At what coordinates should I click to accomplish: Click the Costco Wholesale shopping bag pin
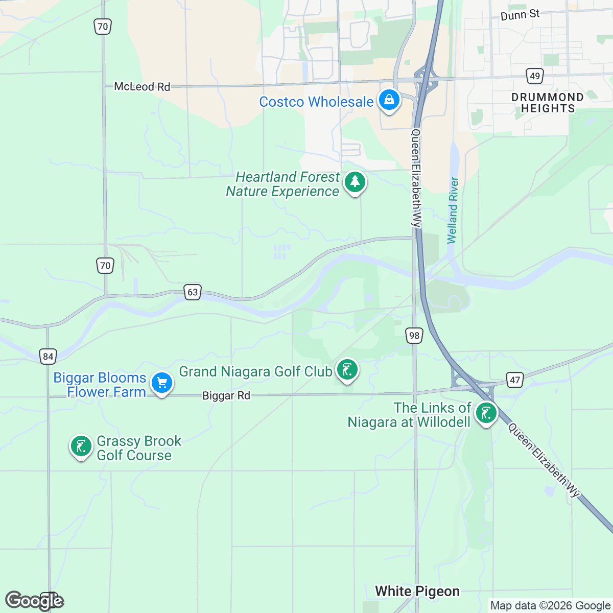coord(389,100)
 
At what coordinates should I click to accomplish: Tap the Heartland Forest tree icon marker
coord(355,182)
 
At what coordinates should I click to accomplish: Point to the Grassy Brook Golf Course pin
coord(81,446)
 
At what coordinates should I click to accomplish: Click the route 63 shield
coord(193,292)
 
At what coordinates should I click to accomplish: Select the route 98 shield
coord(414,336)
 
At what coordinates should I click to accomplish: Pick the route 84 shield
coord(48,356)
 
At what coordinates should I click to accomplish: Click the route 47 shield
coord(515,380)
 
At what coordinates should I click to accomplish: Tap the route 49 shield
coord(534,76)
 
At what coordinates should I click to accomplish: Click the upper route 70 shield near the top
coord(103,27)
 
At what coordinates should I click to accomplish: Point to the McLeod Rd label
coord(142,87)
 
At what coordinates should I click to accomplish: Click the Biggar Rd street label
coord(226,396)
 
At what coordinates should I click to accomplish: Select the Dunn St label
coord(520,15)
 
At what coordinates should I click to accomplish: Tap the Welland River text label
coord(453,210)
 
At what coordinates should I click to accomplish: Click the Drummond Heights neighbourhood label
coord(548,103)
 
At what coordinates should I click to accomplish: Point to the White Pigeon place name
coord(417,591)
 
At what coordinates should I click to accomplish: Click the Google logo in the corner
coord(34,601)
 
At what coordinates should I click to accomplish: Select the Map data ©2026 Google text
coord(550,606)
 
